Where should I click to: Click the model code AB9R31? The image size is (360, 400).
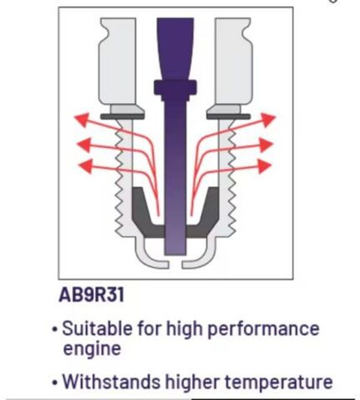91,295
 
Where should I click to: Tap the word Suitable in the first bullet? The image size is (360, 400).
97,328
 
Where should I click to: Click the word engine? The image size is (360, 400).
91,350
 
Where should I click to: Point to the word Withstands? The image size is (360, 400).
112,381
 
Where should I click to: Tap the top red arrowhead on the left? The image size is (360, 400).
82,119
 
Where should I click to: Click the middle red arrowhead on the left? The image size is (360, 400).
84,145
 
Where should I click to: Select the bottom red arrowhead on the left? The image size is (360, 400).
85,166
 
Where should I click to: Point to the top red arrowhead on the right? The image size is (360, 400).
268,119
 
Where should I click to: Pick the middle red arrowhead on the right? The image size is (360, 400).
266,145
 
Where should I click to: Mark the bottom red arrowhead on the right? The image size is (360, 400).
265,166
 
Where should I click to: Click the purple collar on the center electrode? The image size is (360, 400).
175,88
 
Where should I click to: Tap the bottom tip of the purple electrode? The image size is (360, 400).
175,254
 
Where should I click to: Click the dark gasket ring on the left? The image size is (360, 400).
122,117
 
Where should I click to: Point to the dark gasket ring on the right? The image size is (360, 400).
229,117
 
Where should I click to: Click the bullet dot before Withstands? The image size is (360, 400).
54,383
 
